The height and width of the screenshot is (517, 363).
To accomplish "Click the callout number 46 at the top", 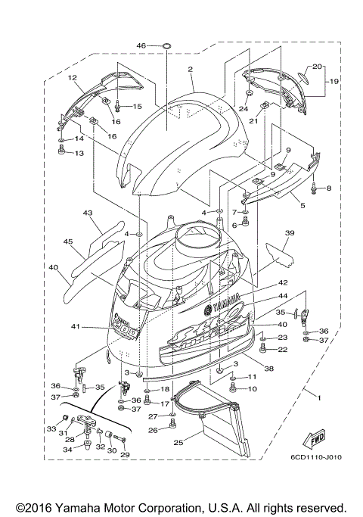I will (x=141, y=46).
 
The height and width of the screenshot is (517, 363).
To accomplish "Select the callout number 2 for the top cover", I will (x=191, y=70).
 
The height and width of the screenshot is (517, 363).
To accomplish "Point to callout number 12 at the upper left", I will (x=73, y=78).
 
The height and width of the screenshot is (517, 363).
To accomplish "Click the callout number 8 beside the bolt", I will (x=329, y=188).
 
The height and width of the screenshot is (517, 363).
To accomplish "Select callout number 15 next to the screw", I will (x=137, y=107).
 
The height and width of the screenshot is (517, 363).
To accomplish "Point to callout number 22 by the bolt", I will (x=283, y=349).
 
